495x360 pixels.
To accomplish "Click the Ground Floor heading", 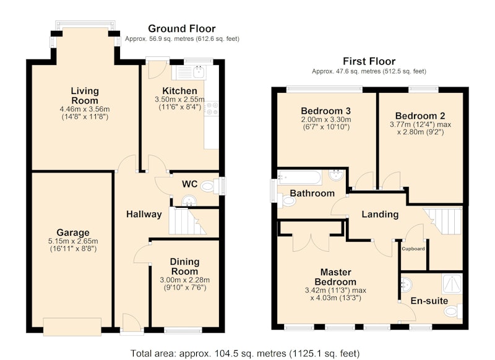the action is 181,28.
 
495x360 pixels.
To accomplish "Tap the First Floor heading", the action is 369,61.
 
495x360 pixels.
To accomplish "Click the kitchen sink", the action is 189,72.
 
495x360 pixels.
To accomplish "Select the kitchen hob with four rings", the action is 211,108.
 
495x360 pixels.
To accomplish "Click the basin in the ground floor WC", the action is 189,201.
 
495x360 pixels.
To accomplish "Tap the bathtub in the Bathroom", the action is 299,178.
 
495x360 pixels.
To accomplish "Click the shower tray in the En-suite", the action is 452,283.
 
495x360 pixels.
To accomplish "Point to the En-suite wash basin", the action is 407,285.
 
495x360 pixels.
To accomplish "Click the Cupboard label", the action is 413,249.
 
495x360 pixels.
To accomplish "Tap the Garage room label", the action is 73,233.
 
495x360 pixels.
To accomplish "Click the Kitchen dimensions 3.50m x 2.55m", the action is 179,100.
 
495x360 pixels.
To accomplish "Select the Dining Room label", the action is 184,267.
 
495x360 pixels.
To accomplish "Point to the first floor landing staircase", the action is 443,221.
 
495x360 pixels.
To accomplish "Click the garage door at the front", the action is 72,327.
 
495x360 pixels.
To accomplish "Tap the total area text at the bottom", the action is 245,353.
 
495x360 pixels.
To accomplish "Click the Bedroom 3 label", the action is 325,111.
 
